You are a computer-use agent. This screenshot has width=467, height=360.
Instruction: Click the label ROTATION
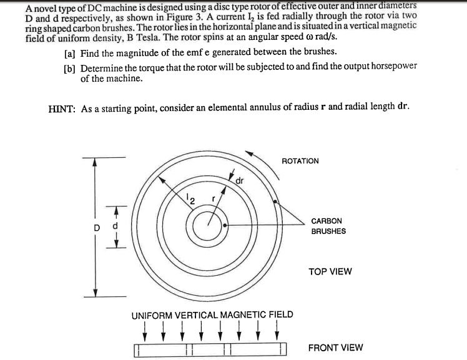click(x=300, y=161)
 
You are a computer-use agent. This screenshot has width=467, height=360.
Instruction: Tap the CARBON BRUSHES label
click(x=328, y=226)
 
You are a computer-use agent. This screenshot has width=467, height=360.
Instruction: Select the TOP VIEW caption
click(x=330, y=271)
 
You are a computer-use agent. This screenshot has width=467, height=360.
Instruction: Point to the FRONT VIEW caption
click(x=335, y=348)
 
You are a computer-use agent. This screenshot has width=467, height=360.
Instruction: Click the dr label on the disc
click(x=239, y=181)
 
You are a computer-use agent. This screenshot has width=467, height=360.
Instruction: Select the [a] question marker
click(x=69, y=51)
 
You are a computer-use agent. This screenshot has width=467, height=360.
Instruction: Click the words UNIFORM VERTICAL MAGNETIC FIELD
click(x=212, y=314)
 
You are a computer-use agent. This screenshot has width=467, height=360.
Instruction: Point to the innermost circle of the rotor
click(x=212, y=225)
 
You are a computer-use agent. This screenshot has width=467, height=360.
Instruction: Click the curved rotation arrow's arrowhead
click(x=250, y=151)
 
